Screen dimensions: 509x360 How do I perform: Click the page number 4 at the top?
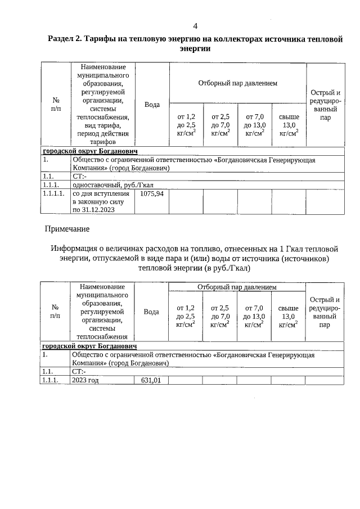[195, 26]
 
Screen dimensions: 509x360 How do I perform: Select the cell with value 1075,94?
[151, 193]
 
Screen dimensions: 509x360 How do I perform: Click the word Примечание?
[67, 229]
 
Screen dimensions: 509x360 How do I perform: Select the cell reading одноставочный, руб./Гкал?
[113, 184]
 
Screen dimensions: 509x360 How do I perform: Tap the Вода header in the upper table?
[152, 105]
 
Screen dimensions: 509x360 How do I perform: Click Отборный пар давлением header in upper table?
[237, 83]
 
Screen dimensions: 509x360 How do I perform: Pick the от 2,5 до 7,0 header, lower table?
[219, 316]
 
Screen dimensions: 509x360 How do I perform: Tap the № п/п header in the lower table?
[55, 312]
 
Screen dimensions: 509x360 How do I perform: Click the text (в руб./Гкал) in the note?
[223, 268]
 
